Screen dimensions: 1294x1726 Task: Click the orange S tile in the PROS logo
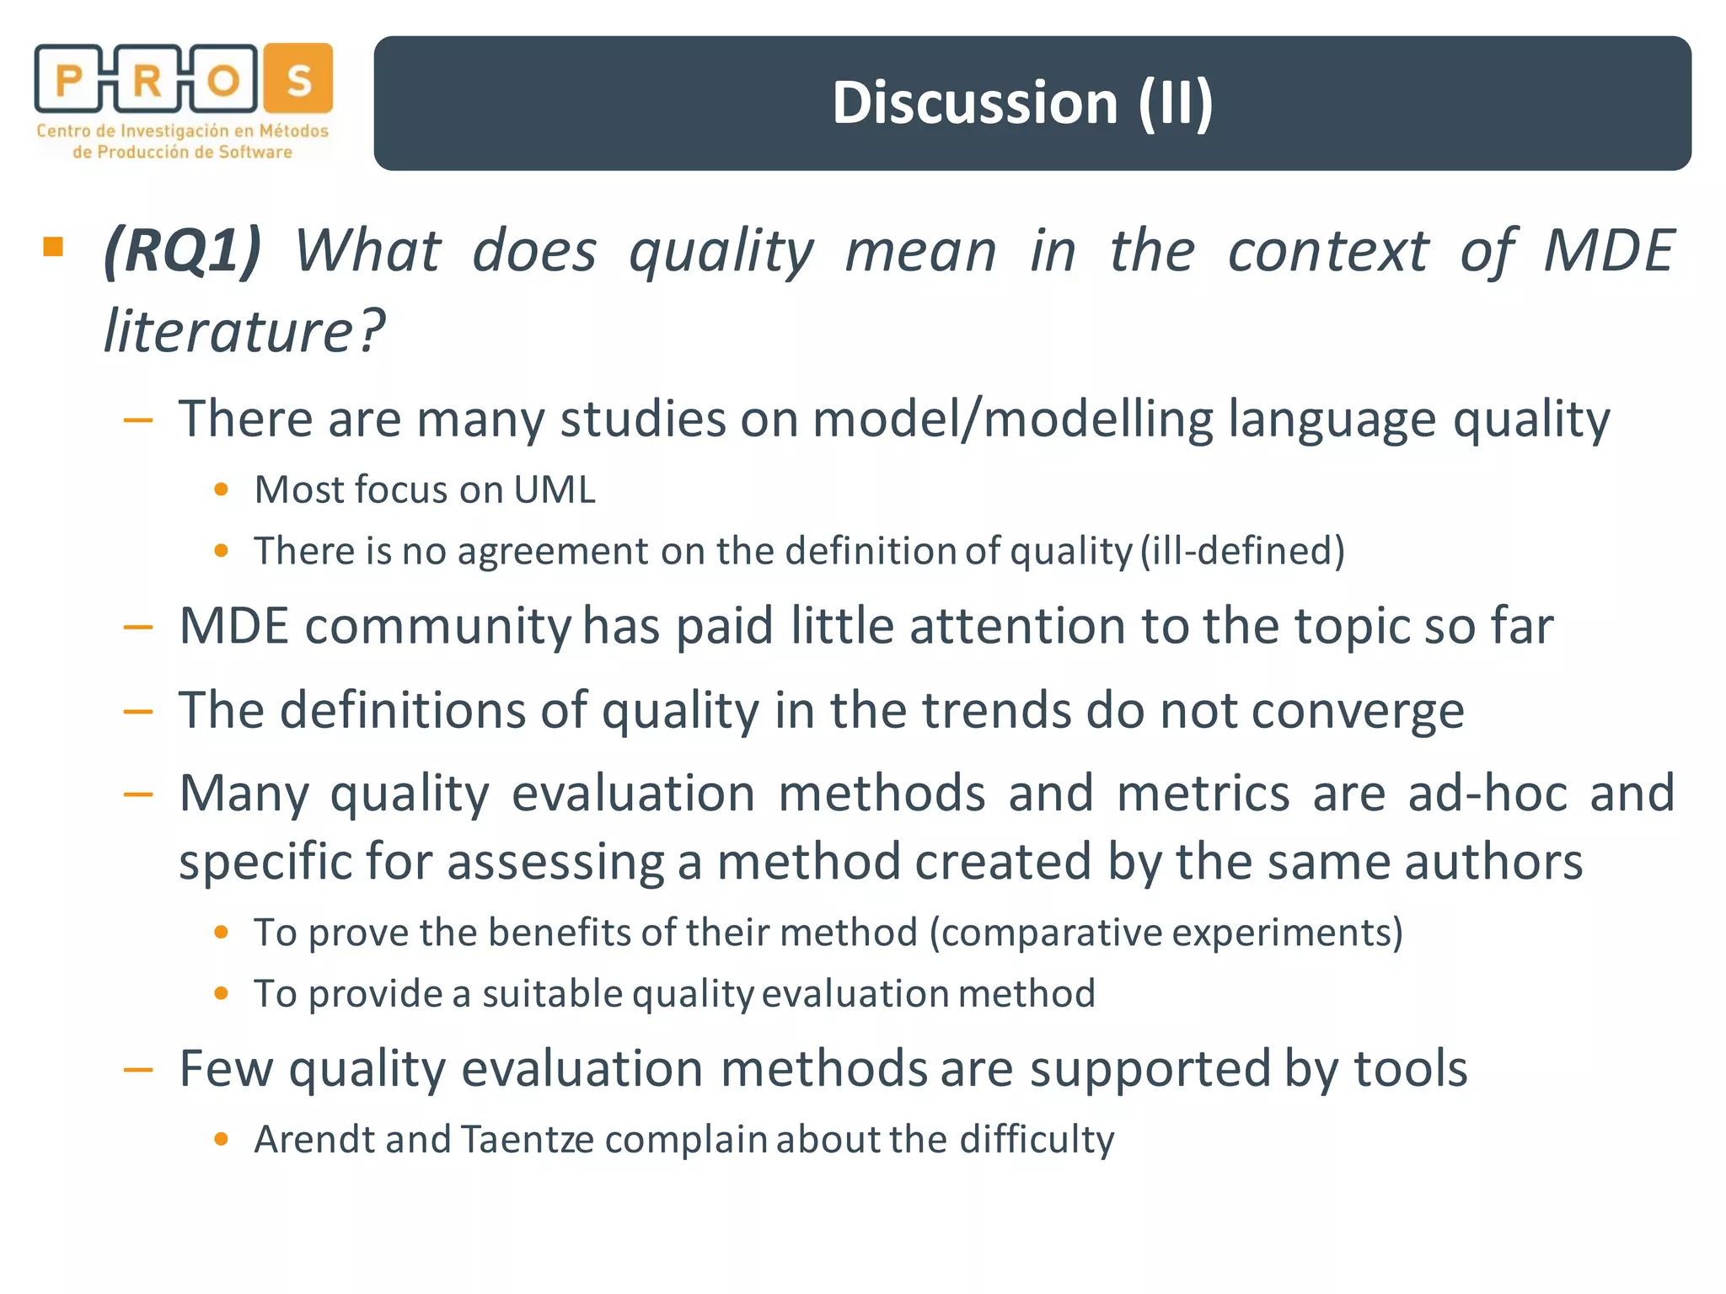coord(298,79)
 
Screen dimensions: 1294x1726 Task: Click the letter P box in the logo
coord(68,79)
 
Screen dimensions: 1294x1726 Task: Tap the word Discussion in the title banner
coord(974,103)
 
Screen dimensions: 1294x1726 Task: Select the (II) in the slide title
coord(1176,103)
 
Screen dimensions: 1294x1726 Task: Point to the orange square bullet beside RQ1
coord(53,246)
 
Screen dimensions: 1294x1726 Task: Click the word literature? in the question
coord(244,331)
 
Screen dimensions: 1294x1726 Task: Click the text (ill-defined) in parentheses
coord(1242,552)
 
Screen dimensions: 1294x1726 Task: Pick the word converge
coord(1358,711)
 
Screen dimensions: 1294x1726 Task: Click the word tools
coord(1411,1069)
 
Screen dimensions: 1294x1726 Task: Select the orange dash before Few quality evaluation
coord(137,1071)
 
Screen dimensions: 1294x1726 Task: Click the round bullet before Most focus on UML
coord(222,489)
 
